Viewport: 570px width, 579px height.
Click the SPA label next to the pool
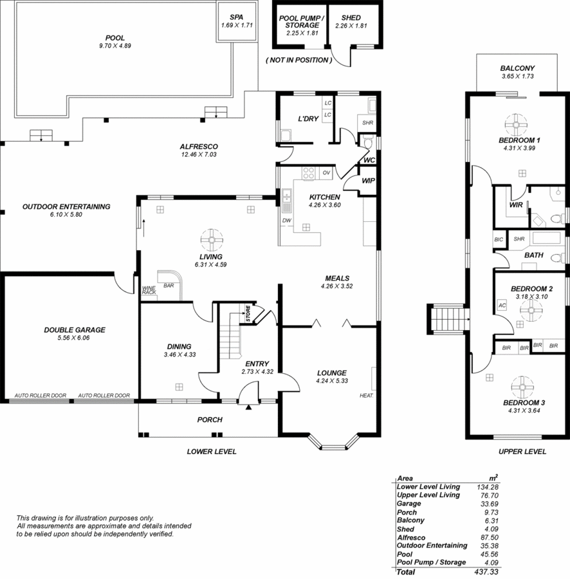coord(236,17)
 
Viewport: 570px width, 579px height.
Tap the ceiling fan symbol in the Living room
coord(212,240)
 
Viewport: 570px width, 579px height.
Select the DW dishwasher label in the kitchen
coord(287,221)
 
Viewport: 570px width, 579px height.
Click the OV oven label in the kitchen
coord(326,172)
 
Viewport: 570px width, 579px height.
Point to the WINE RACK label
coord(149,290)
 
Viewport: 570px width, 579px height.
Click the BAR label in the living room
coord(169,286)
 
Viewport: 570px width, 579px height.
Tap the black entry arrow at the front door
coord(248,407)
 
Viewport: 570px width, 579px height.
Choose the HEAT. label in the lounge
coord(367,396)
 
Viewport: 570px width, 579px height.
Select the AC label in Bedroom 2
coord(502,306)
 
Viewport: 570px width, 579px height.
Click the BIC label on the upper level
coord(499,239)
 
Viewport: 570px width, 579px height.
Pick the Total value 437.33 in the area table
coord(486,572)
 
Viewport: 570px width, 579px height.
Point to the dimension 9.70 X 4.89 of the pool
coord(115,46)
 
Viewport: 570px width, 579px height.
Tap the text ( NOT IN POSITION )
coord(299,60)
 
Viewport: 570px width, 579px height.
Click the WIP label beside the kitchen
coord(368,181)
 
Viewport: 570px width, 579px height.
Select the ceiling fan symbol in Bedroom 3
coord(522,387)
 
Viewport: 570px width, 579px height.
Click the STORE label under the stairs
coord(248,313)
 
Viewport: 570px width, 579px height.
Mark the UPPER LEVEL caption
coord(522,451)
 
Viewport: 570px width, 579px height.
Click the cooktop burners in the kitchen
coord(309,173)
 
